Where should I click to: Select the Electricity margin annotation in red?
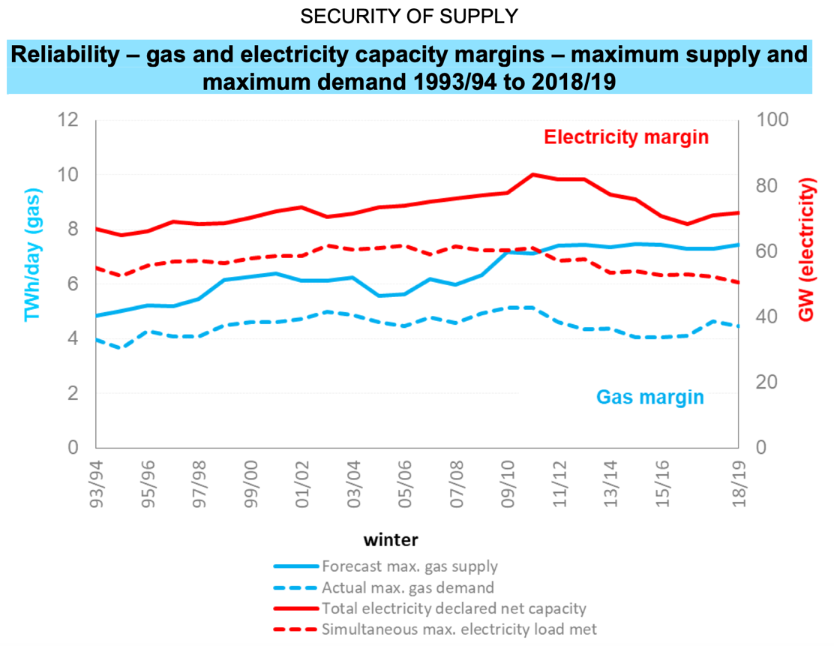point(626,137)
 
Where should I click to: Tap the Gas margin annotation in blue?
point(649,397)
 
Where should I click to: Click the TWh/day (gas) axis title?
point(32,255)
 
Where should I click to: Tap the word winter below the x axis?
point(391,539)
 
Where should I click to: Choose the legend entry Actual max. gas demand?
point(407,587)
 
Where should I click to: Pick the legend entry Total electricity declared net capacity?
point(454,608)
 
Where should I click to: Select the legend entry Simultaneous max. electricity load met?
point(459,629)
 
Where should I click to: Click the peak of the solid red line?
point(532,175)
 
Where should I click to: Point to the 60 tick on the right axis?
point(765,251)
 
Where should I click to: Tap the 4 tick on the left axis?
point(73,338)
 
